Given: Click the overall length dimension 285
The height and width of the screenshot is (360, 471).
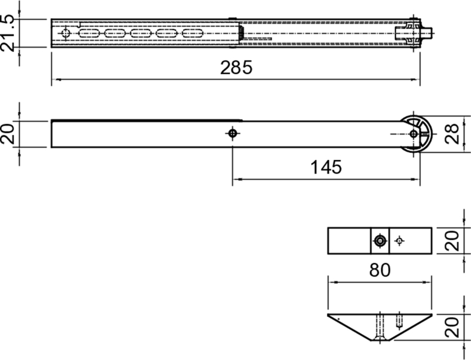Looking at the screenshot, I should pos(236,68).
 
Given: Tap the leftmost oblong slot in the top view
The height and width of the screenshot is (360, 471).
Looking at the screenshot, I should pos(91,34).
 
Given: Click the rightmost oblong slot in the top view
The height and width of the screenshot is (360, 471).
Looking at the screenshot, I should pos(193,34).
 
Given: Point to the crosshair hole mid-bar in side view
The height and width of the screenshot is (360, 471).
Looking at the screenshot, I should pos(233,134).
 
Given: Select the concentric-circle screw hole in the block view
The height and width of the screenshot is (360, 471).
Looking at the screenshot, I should pos(380,240).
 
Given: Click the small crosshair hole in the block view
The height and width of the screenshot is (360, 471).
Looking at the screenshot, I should pos(400,240).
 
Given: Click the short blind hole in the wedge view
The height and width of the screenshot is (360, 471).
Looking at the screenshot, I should pos(399,321).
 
